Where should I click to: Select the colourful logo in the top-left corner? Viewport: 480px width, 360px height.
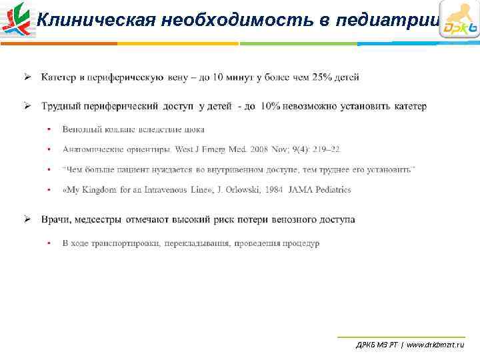point(17,19)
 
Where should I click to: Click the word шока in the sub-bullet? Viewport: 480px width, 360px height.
point(195,129)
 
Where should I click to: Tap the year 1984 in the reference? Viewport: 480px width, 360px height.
point(274,190)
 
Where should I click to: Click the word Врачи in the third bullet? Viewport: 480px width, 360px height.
point(55,219)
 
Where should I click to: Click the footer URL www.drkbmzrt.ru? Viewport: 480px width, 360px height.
point(435,345)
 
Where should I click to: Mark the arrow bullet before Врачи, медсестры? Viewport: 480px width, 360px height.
point(29,219)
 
